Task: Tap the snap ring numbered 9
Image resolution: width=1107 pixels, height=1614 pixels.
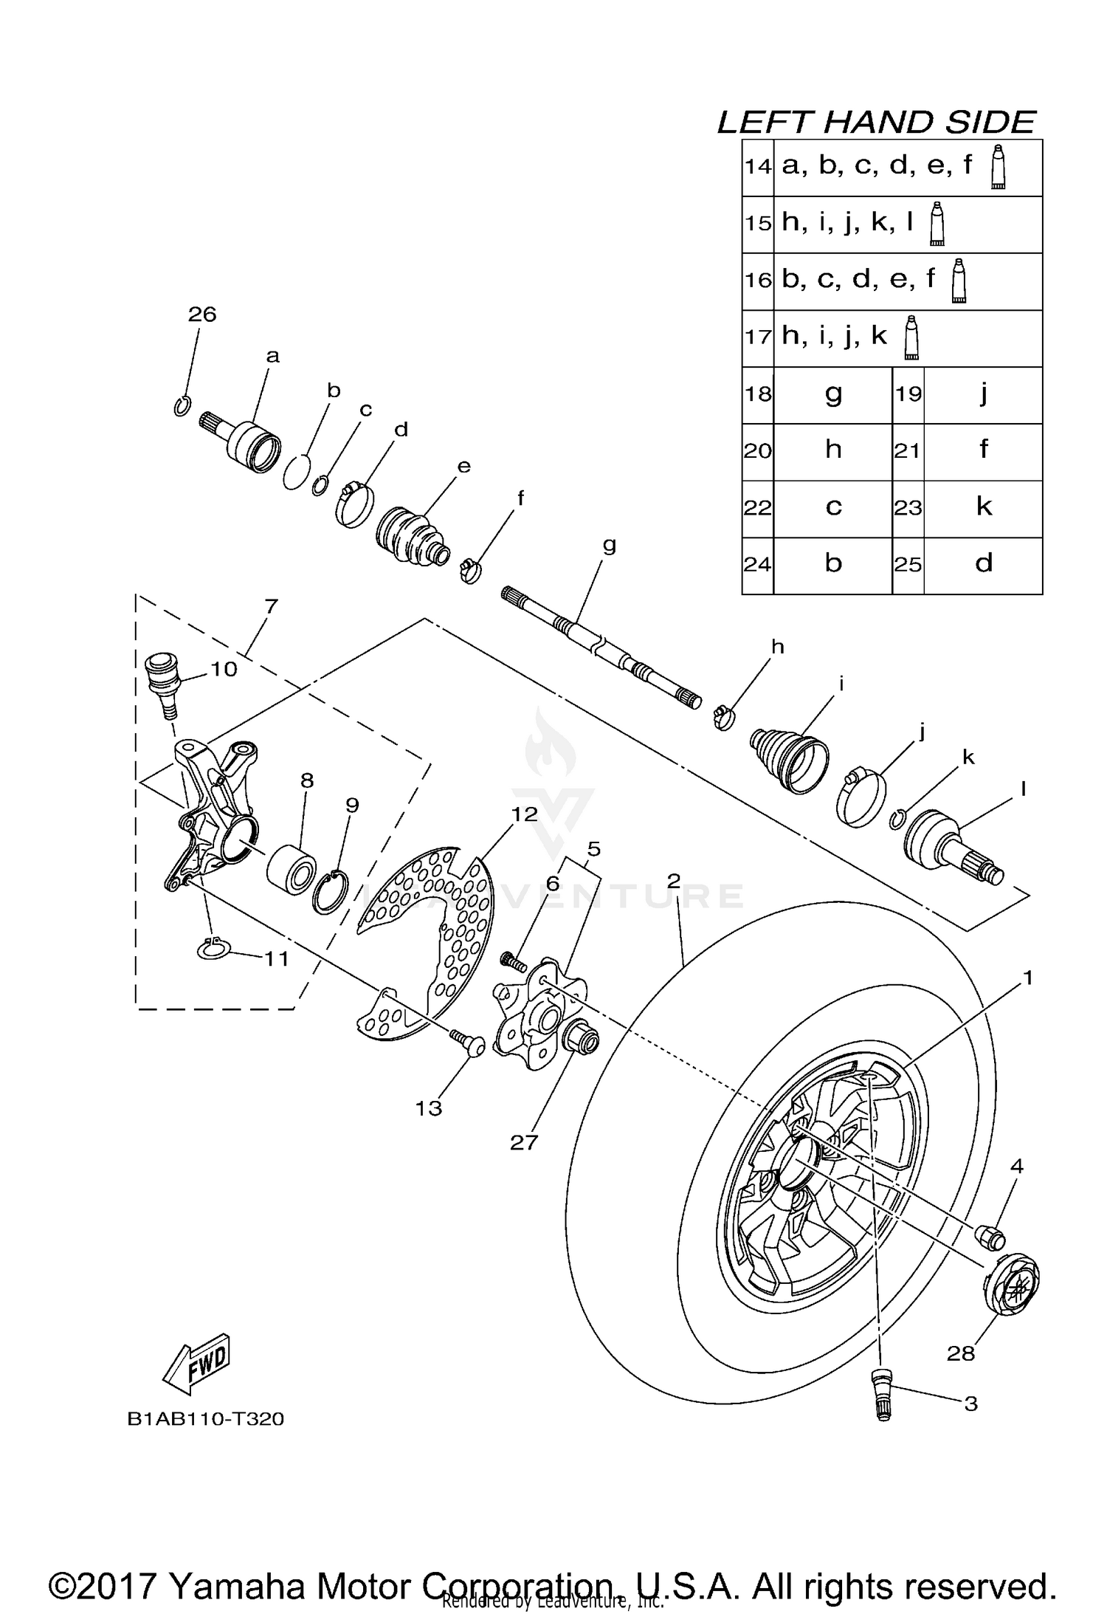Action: [x=331, y=891]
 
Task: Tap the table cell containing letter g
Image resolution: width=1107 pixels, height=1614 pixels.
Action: [x=832, y=394]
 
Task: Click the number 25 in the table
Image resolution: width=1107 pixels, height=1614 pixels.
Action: [x=908, y=566]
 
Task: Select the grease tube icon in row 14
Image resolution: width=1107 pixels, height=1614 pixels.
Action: [x=999, y=167]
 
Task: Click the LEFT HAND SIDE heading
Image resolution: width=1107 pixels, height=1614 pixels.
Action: [x=876, y=123]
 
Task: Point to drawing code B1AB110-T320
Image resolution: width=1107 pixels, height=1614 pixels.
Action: [x=206, y=1418]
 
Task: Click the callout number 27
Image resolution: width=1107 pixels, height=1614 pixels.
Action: [x=524, y=1142]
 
